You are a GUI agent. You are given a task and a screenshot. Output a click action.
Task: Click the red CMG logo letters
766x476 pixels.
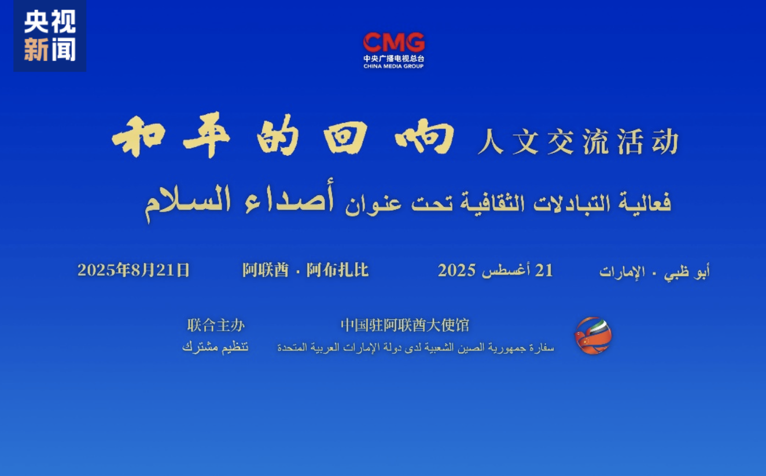point(393,42)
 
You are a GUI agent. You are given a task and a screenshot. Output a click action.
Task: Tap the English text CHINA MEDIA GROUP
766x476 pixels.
point(393,66)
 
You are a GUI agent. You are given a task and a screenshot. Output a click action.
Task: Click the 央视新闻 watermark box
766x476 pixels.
point(50,36)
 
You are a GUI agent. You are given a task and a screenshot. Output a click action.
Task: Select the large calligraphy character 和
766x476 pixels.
point(138,137)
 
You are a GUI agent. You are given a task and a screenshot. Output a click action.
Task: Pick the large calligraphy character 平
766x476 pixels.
point(207,137)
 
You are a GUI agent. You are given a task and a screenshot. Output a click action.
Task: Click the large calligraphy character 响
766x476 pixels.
point(425,137)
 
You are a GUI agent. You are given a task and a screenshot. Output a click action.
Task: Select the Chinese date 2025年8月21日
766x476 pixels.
point(134,270)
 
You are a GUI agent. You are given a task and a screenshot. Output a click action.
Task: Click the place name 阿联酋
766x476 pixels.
point(266,270)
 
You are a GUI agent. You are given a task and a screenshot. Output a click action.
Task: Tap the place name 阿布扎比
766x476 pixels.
point(337,270)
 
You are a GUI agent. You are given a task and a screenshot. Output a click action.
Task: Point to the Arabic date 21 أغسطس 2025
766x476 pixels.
point(495,270)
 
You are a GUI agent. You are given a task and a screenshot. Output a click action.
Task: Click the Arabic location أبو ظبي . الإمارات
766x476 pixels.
point(654,272)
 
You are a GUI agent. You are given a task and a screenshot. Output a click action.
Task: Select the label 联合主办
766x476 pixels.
point(216,325)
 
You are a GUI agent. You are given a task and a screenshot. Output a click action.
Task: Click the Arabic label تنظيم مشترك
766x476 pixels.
point(215,347)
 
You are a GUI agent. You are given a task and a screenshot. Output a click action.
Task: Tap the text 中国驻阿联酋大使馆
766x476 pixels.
point(405,325)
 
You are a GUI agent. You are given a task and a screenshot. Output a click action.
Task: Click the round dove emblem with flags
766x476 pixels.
point(594,336)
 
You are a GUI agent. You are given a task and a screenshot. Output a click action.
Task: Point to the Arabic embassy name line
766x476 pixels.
point(415,347)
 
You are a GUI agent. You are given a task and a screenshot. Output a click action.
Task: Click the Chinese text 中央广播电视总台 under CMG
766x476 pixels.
point(393,58)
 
